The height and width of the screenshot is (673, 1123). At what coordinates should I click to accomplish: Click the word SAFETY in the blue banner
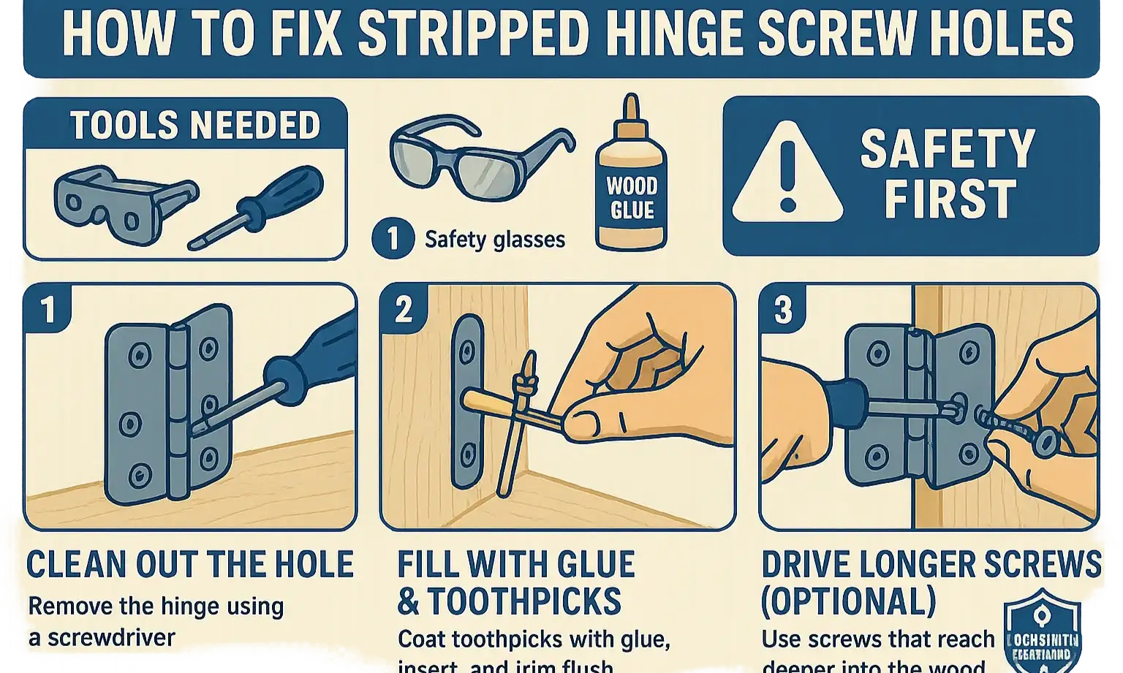click(x=947, y=148)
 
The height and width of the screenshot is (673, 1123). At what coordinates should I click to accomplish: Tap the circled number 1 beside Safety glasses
click(x=393, y=239)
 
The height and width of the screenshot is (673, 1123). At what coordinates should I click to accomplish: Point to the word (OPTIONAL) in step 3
click(x=848, y=601)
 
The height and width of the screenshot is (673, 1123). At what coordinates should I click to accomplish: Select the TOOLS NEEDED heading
click(x=194, y=126)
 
